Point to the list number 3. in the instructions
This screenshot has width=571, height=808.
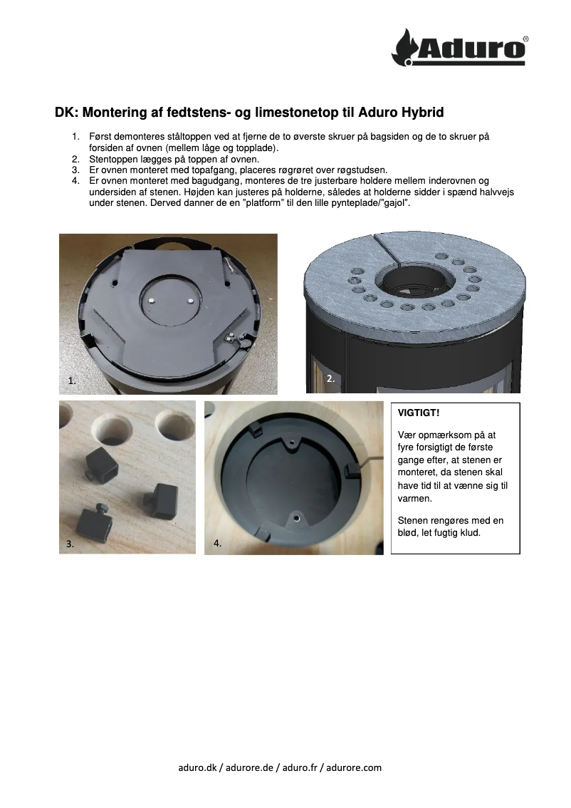click(x=75, y=170)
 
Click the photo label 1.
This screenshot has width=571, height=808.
click(x=73, y=381)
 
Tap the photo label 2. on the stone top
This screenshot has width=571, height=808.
click(x=330, y=379)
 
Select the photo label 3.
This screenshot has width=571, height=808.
click(x=70, y=543)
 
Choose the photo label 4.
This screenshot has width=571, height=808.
click(x=218, y=543)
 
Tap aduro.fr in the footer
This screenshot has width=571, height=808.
click(x=300, y=767)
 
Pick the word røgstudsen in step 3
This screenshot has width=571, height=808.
click(x=361, y=170)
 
